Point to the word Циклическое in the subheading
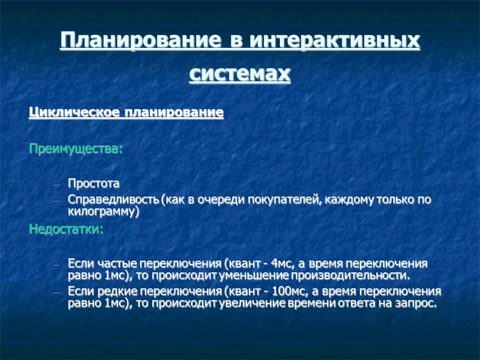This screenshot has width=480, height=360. click(75, 113)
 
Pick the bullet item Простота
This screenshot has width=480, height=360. click(94, 182)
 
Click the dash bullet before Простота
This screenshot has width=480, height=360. click(56, 183)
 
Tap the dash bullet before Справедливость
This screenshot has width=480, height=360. click(56, 201)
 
